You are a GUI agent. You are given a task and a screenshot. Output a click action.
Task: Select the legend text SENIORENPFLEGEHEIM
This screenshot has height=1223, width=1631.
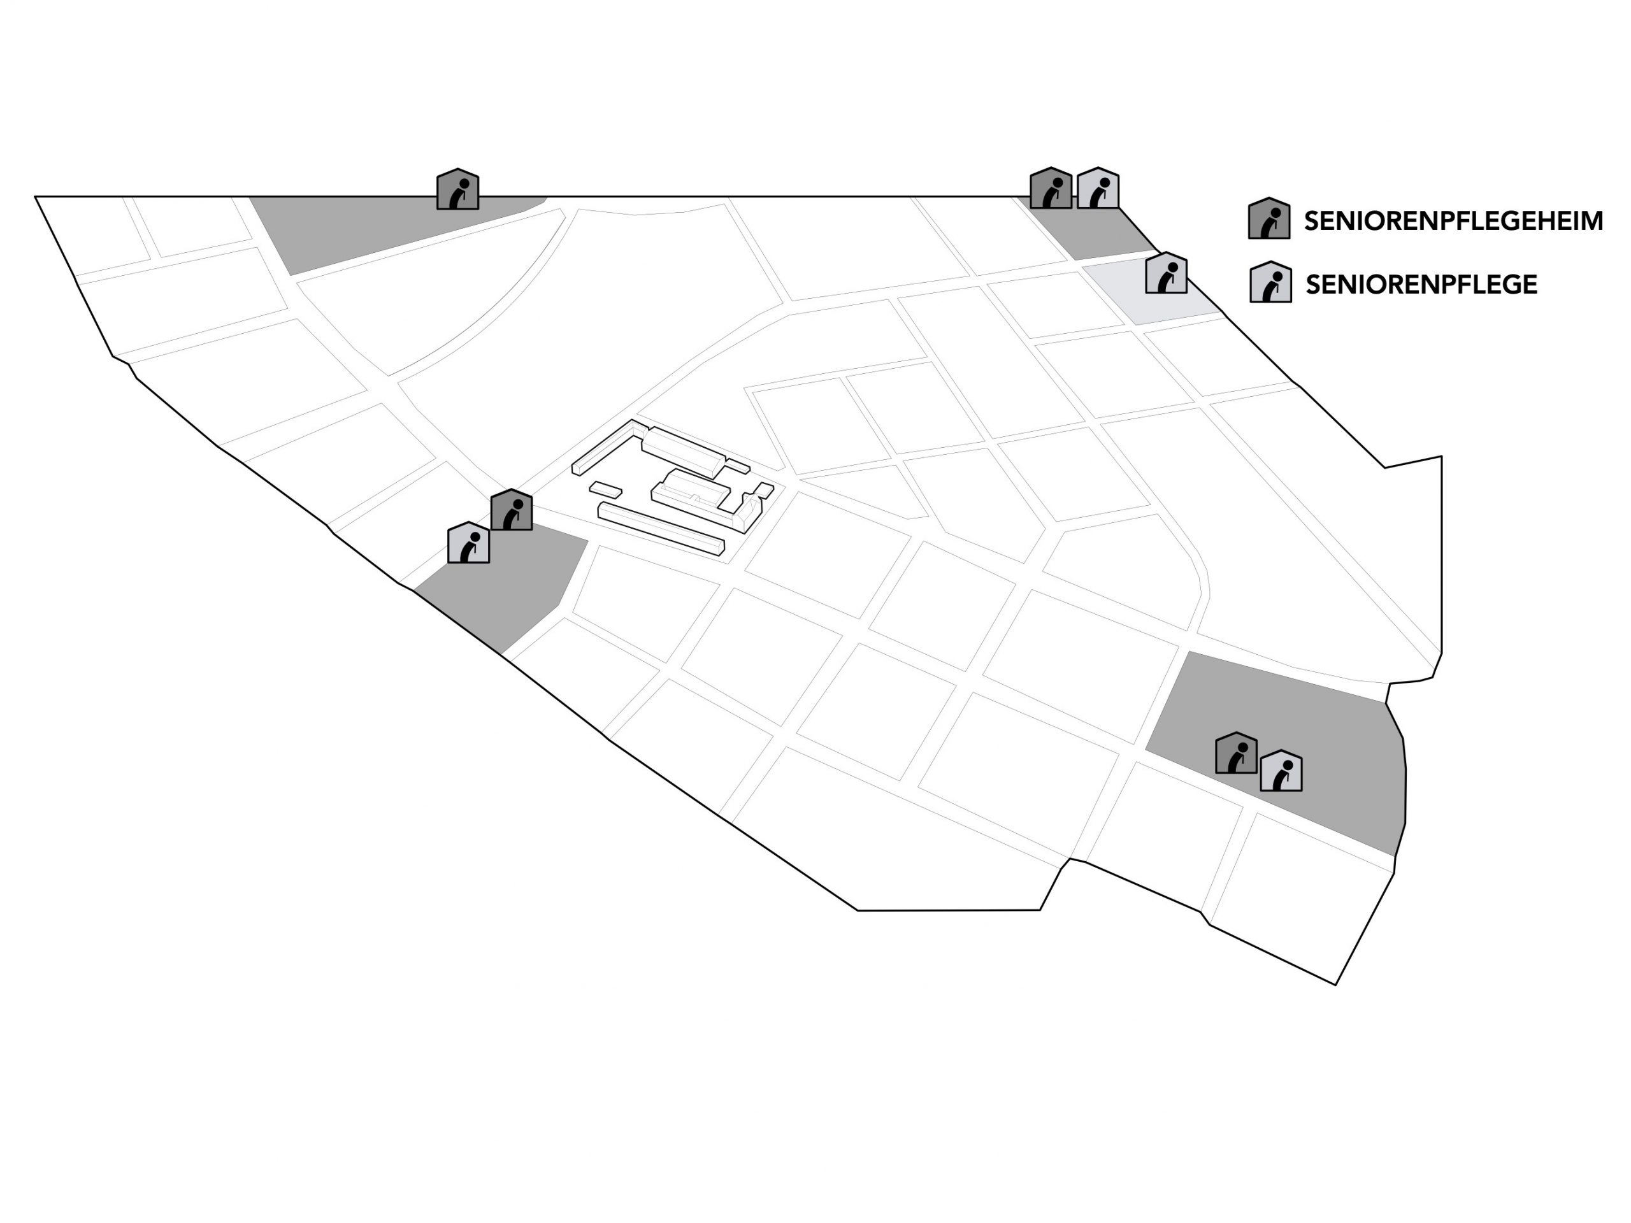pos(1453,221)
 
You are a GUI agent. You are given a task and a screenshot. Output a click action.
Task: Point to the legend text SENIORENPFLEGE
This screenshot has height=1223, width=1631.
pos(1421,285)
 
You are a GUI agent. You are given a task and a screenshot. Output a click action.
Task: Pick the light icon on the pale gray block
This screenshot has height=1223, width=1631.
pos(1166,273)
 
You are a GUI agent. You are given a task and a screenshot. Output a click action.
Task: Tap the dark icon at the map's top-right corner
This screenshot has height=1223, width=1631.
pos(1050,189)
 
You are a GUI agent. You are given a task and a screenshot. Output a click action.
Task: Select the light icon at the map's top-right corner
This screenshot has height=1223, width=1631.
pos(1098,189)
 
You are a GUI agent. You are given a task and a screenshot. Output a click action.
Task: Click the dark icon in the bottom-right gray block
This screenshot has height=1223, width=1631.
pos(1236,754)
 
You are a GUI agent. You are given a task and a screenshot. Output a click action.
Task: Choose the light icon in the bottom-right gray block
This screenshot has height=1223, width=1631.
pos(1281,771)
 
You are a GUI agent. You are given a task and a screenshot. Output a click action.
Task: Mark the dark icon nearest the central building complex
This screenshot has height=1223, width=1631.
pos(511,510)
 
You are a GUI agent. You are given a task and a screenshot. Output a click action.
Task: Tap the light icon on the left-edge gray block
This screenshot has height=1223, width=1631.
pos(468,543)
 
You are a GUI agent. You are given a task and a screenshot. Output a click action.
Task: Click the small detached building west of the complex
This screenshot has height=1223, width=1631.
pos(605,489)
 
